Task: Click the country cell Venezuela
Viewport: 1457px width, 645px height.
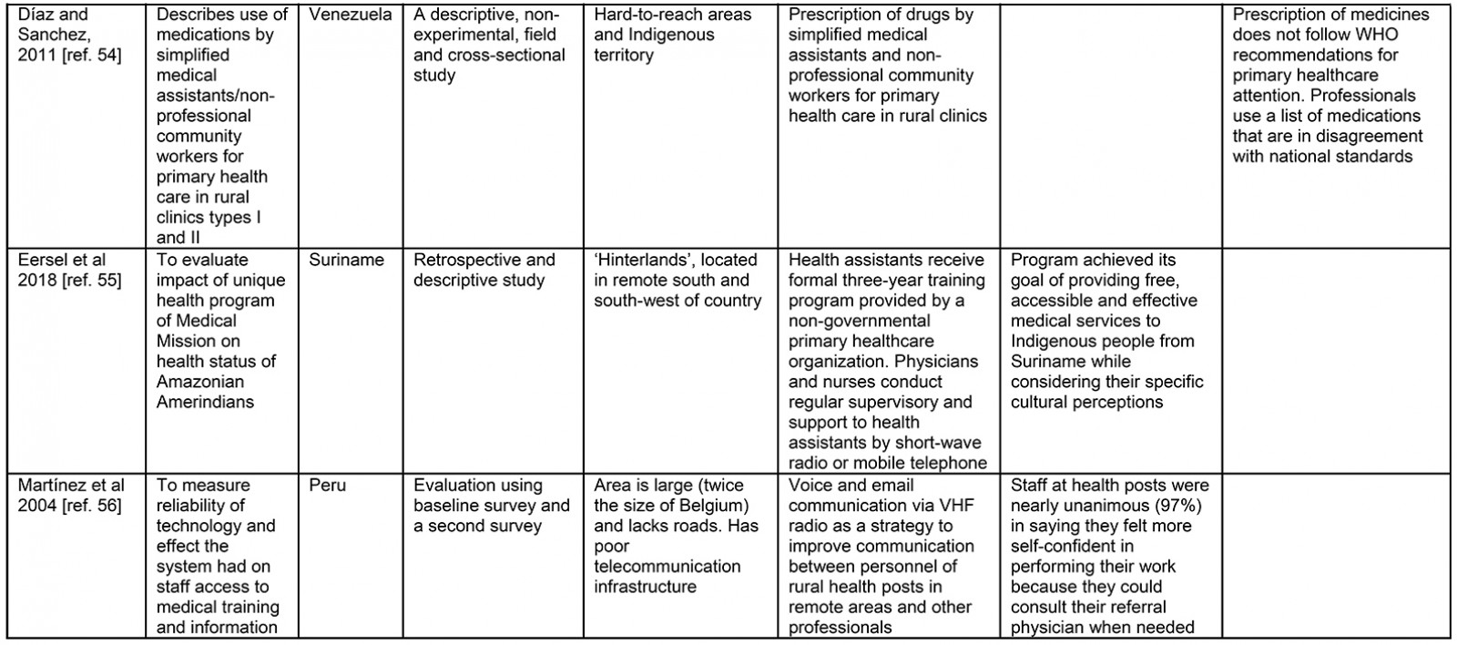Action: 351,15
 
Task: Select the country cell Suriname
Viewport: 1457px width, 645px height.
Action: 347,260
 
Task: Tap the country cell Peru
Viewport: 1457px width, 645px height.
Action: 328,486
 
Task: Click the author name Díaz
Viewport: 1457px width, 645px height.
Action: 36,15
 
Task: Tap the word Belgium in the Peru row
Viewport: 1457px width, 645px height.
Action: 709,506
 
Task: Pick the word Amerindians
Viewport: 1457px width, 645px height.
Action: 205,402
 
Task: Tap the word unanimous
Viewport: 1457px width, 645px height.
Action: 1107,506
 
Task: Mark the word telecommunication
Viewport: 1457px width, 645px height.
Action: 667,567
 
